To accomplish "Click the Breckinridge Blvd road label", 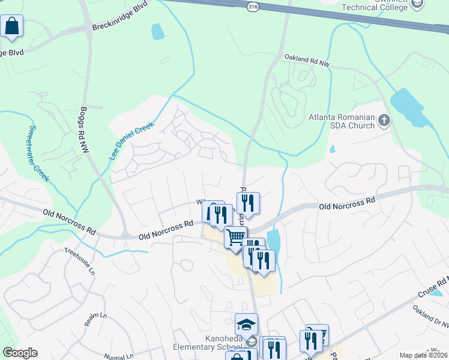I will [120, 20].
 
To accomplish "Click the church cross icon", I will [384, 121].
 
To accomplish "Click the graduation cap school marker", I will [246, 325].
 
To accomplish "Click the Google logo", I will [19, 353].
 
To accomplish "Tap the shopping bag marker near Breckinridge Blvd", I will [11, 26].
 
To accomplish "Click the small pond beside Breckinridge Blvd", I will [157, 31].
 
